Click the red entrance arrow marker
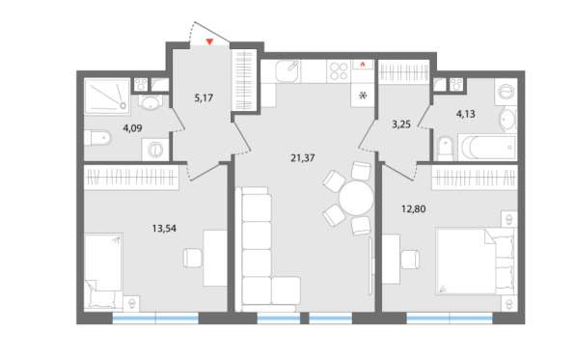coord(209,42)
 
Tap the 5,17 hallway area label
coord(204,97)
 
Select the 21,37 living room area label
coord(303,158)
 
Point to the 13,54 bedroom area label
coord(164,229)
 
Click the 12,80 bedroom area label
coord(414,209)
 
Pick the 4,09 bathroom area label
coord(132,128)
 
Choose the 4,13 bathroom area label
coord(465,114)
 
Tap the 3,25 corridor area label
coord(400,125)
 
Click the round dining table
coord(356,199)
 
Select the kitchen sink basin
coord(288,70)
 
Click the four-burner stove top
coord(339,71)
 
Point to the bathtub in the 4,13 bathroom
coord(487,148)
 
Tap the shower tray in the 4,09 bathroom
coord(107,97)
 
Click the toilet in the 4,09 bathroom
coord(97,138)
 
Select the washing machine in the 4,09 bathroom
coord(155,150)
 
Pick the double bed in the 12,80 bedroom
coord(476,262)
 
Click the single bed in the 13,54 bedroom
coord(103,271)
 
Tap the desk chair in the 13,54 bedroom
coord(193,258)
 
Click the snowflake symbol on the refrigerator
coord(363,96)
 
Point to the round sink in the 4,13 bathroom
coord(507,119)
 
